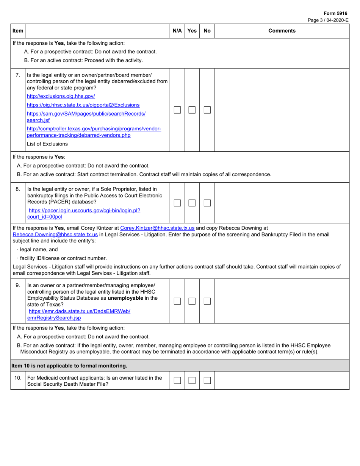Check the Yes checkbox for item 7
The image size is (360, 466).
tap(192, 110)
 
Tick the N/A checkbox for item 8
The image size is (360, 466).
tap(177, 203)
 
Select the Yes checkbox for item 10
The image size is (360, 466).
tap(192, 380)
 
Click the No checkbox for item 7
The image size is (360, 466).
tap(207, 110)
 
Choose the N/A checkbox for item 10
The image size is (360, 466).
tap(177, 380)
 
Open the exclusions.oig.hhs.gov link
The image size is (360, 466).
tap(61, 96)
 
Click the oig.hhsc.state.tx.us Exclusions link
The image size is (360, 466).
tap(83, 105)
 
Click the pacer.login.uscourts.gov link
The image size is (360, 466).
tap(84, 211)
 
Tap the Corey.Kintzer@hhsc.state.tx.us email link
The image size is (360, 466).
tap(157, 228)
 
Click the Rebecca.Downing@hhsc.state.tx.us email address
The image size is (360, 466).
tap(55, 235)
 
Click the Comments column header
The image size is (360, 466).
tap(282, 31)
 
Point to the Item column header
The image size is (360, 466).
tap(17, 31)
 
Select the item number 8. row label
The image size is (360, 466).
tap(18, 189)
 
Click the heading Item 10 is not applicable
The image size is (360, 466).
tap(69, 366)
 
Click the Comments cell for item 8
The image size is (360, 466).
tap(282, 203)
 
